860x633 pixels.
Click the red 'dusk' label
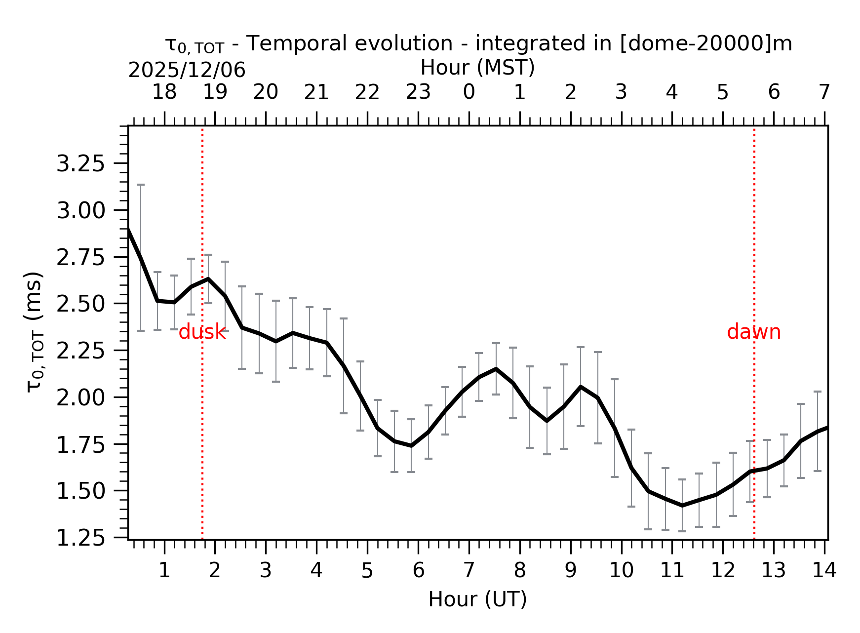(x=202, y=332)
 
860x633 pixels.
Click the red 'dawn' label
(x=753, y=332)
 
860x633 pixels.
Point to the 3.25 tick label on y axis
(x=81, y=164)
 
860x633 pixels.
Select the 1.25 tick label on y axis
(x=81, y=538)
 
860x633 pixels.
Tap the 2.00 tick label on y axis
(x=81, y=397)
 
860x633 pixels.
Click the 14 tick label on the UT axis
(x=824, y=571)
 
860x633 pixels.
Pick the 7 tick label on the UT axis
(x=469, y=571)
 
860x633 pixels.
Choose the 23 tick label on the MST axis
(x=418, y=92)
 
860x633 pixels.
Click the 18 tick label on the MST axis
(x=164, y=92)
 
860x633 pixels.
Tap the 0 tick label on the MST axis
(x=469, y=92)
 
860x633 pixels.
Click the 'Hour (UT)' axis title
(x=477, y=599)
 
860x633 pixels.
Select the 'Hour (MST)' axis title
(x=477, y=68)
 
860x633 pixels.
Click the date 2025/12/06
(x=187, y=71)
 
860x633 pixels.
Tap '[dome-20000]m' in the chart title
(x=705, y=44)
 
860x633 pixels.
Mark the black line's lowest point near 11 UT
(x=682, y=506)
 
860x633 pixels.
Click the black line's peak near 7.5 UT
(x=496, y=369)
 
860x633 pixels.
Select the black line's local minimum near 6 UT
(x=411, y=446)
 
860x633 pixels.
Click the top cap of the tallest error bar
(x=141, y=185)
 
